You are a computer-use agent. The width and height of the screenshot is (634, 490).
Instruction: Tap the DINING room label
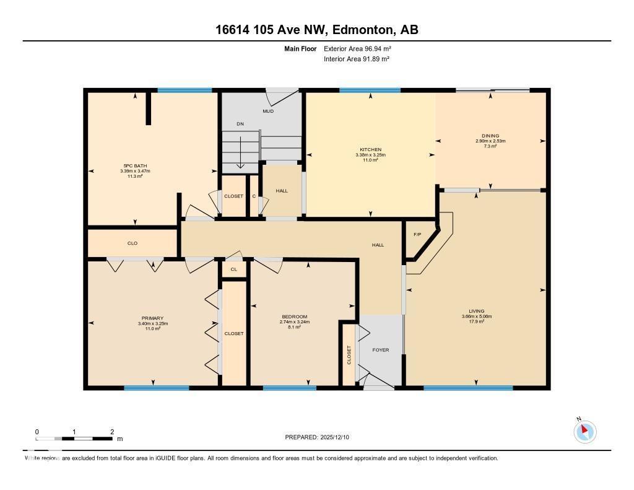pyautogui.click(x=490, y=136)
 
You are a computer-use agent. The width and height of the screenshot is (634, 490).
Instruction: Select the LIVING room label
pyautogui.click(x=476, y=311)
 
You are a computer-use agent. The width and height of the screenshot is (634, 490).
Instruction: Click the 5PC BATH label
pyautogui.click(x=136, y=165)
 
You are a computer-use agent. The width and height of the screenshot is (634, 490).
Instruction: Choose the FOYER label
pyautogui.click(x=380, y=350)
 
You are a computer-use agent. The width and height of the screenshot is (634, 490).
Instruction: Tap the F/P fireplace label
pyautogui.click(x=417, y=235)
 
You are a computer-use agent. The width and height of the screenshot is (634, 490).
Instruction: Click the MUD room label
pyautogui.click(x=268, y=112)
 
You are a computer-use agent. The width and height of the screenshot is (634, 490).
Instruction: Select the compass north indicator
pyautogui.click(x=584, y=431)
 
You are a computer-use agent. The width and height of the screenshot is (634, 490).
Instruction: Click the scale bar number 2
pyautogui.click(x=112, y=432)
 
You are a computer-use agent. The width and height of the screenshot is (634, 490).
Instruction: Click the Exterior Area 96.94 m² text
pyautogui.click(x=357, y=48)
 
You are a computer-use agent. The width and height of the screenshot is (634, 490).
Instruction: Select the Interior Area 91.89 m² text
pyautogui.click(x=357, y=59)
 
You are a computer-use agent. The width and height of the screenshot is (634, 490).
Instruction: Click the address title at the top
pyautogui.click(x=316, y=30)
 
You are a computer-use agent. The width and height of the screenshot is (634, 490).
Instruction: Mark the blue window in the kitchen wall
pyautogui.click(x=370, y=90)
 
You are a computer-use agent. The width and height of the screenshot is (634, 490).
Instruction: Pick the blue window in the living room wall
pyautogui.click(x=468, y=388)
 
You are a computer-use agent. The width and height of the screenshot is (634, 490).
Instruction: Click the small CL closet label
pyautogui.click(x=233, y=269)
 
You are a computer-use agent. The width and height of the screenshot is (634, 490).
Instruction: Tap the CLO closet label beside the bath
pyautogui.click(x=132, y=243)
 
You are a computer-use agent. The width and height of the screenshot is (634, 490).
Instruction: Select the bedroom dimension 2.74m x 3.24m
pyautogui.click(x=293, y=322)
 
